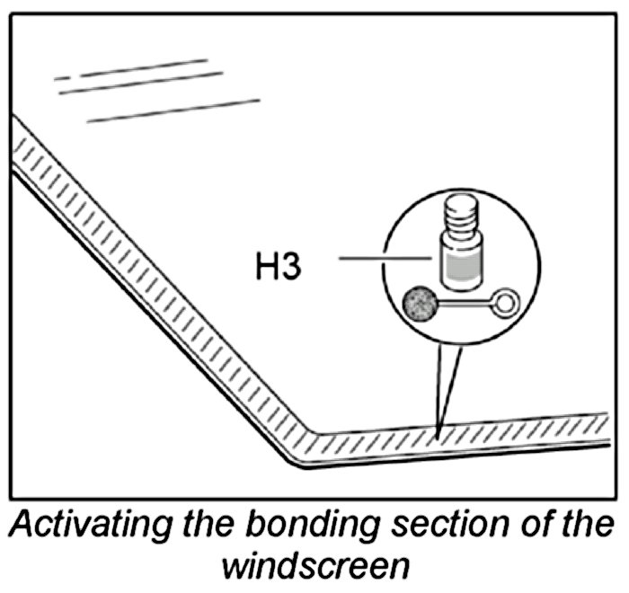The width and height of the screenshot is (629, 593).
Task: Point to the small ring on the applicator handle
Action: coord(508,303)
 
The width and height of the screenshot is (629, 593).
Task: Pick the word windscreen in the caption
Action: coord(314,567)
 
